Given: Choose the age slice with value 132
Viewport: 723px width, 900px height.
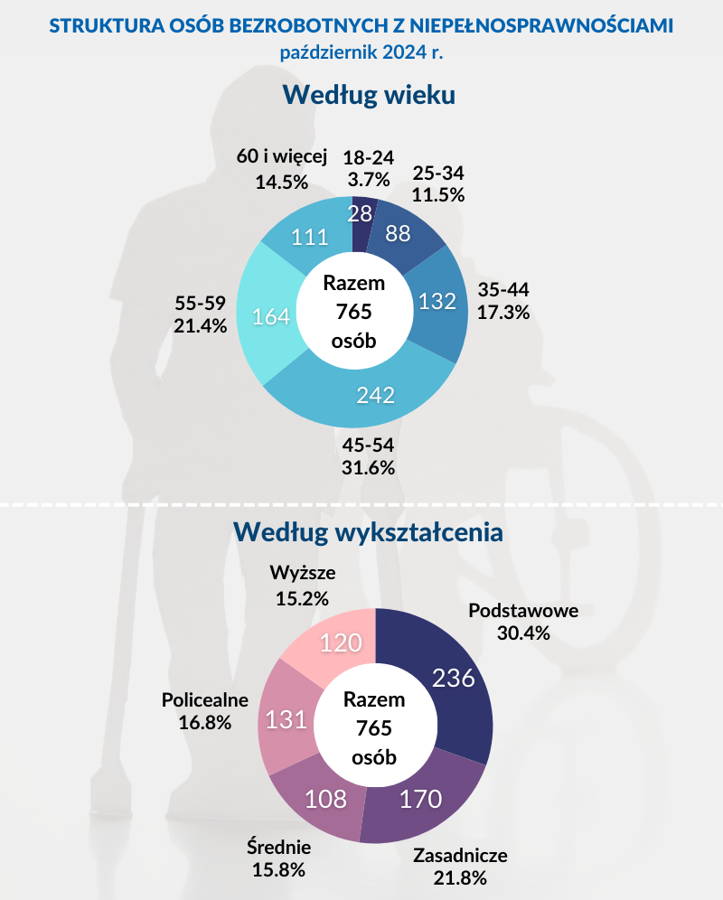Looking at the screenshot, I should click(437, 301).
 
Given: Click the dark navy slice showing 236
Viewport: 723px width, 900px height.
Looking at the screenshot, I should click(455, 678).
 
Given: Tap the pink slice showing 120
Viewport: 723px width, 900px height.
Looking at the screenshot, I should click(342, 642).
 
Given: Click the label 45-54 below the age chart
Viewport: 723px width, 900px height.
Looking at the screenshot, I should click(369, 446).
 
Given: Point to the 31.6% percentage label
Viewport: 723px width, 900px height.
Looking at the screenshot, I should click(369, 468).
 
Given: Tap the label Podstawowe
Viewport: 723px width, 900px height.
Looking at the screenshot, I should click(523, 610).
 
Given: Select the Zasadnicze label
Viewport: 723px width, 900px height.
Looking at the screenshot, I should click(460, 856).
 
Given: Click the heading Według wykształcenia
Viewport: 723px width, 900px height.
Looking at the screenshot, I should click(369, 531).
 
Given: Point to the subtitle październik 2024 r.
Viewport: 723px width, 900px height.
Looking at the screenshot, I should click(361, 52).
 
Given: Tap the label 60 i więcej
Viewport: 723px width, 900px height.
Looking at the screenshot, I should click(281, 156).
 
